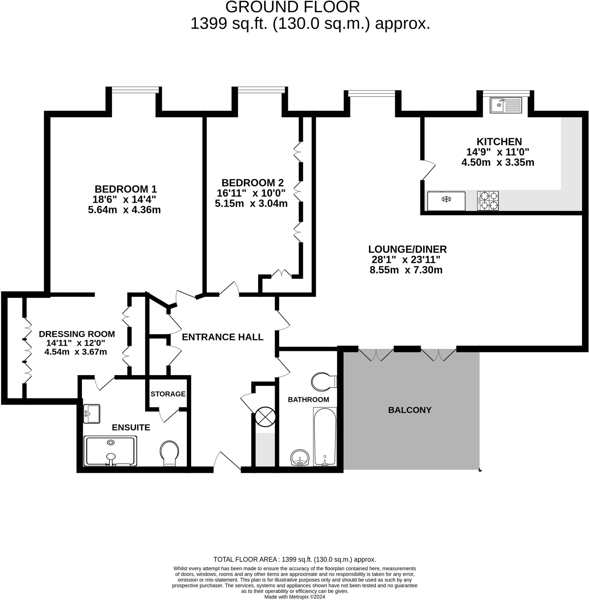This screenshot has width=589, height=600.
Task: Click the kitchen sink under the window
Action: [x=506, y=105]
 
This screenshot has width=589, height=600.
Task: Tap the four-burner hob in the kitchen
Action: [x=487, y=201]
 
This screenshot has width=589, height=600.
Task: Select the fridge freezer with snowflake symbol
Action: [x=446, y=201]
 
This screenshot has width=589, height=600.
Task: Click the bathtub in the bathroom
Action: [x=325, y=437]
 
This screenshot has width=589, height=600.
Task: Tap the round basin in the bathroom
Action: [x=300, y=458]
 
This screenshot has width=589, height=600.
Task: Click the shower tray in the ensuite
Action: [x=110, y=451]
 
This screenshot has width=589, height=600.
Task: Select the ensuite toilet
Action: [x=169, y=453]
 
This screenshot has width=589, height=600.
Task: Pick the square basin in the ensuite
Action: [x=92, y=414]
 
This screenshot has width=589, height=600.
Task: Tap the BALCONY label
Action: [x=410, y=410]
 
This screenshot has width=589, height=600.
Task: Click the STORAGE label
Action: [x=168, y=394]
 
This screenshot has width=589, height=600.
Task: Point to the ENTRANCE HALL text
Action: [x=222, y=337]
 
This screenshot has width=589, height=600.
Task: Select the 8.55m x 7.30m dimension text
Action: [x=406, y=270]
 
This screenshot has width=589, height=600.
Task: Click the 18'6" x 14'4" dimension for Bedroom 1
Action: [x=124, y=199]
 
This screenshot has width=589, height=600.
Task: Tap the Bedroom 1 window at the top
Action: [x=135, y=90]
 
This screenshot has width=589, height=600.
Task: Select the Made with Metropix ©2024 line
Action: [x=294, y=596]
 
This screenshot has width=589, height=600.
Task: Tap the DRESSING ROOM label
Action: [x=77, y=334]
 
